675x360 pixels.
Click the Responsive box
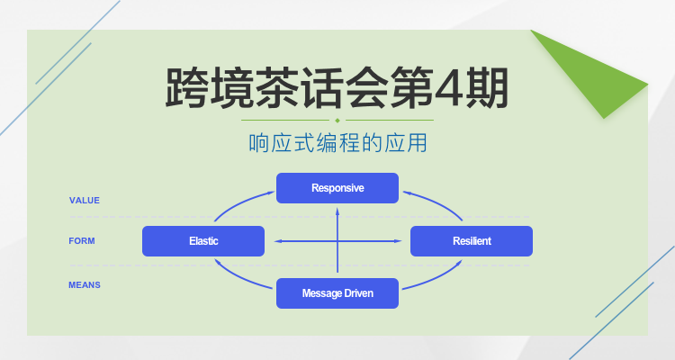click(337, 188)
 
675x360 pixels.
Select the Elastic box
click(203, 241)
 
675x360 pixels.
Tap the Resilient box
click(472, 241)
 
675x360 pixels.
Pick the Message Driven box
click(337, 293)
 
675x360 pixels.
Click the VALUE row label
click(85, 200)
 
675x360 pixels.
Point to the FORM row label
click(82, 241)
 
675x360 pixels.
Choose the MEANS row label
click(85, 284)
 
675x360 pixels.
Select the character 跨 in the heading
click(190, 87)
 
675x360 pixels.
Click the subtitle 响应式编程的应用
click(337, 143)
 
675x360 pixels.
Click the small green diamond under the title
click(337, 120)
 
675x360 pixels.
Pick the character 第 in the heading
click(396, 87)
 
